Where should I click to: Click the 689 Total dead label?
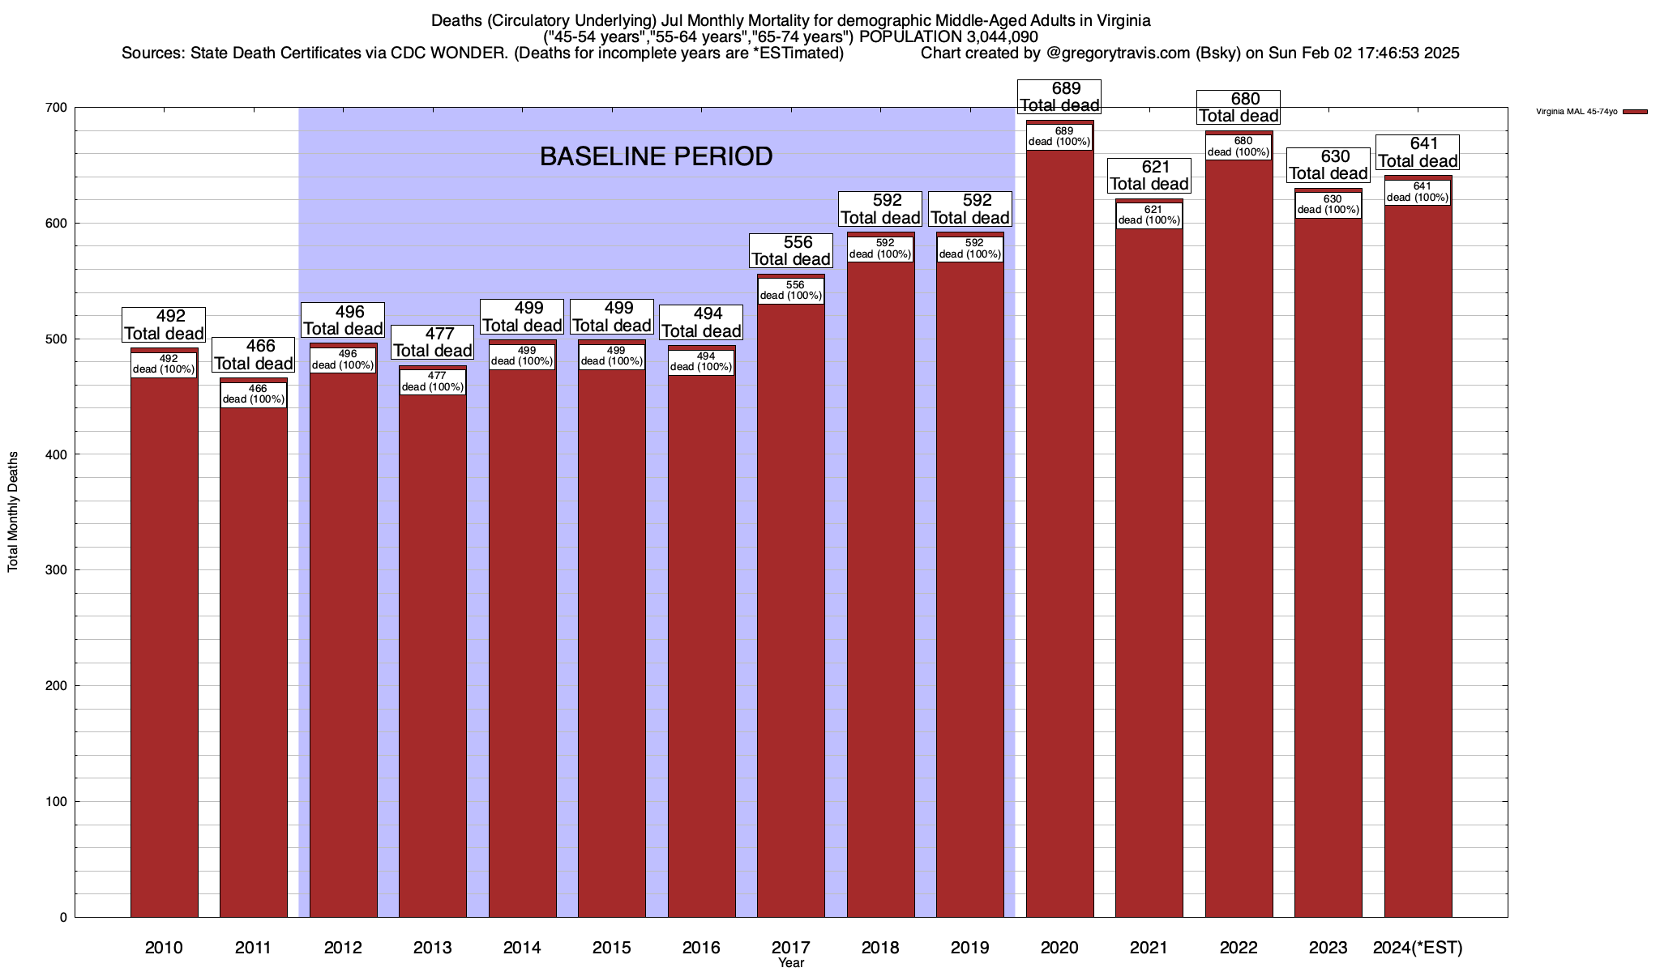tap(1059, 97)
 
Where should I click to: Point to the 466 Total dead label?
tap(253, 355)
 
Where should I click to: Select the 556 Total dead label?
tap(790, 250)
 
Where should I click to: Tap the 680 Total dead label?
tap(1239, 108)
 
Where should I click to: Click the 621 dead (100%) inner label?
tap(1149, 215)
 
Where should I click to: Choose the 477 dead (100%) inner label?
tap(432, 382)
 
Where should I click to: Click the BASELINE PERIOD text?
tap(656, 156)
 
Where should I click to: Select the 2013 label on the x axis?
tap(432, 948)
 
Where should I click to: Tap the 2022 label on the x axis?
tap(1239, 948)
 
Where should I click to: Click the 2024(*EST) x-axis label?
tap(1418, 948)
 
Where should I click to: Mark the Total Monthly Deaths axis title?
tap(13, 511)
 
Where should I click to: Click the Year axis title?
tap(790, 963)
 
